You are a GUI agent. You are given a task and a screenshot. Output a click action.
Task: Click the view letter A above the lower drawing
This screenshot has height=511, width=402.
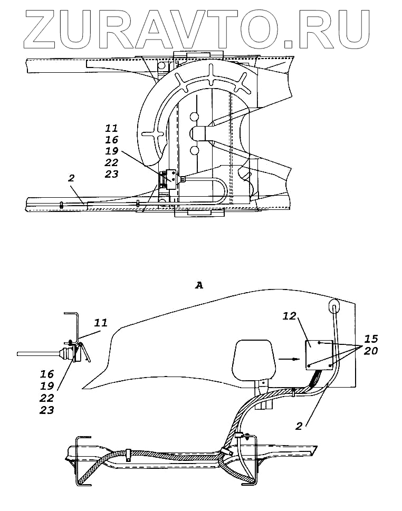pyautogui.click(x=199, y=285)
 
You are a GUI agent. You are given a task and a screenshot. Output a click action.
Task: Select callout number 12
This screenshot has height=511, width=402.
pyautogui.click(x=289, y=316)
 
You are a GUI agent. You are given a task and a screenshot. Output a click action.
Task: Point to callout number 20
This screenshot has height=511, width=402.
pyautogui.click(x=371, y=350)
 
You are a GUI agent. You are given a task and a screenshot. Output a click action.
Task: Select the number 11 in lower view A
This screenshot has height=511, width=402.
pyautogui.click(x=101, y=322)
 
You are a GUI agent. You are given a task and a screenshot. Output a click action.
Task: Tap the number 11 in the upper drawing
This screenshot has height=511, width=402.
pyautogui.click(x=111, y=128)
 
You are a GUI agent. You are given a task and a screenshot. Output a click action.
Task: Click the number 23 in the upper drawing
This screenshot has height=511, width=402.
pyautogui.click(x=111, y=174)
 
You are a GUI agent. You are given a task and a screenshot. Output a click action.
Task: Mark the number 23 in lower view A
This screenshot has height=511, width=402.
pyautogui.click(x=47, y=410)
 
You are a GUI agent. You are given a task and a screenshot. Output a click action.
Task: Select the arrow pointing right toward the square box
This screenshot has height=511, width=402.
pyautogui.click(x=287, y=359)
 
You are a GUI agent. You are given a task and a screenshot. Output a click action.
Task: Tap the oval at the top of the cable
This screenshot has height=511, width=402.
pyautogui.click(x=335, y=306)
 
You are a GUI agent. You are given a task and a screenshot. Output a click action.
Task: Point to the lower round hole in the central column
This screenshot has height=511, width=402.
pyautogui.click(x=194, y=151)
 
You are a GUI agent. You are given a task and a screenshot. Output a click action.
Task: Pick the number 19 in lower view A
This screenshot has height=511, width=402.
pyautogui.click(x=47, y=386)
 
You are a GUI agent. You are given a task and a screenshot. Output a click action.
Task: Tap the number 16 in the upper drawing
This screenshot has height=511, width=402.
pyautogui.click(x=111, y=140)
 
